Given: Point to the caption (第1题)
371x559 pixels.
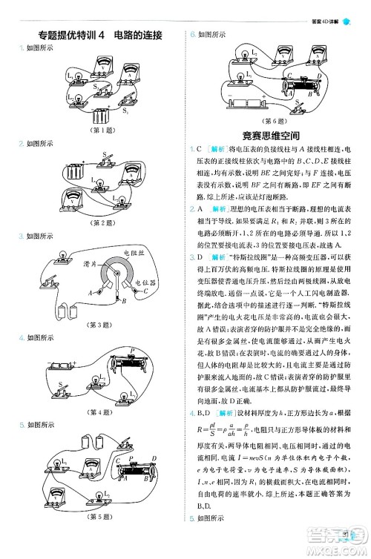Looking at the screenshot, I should (x=97, y=132).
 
